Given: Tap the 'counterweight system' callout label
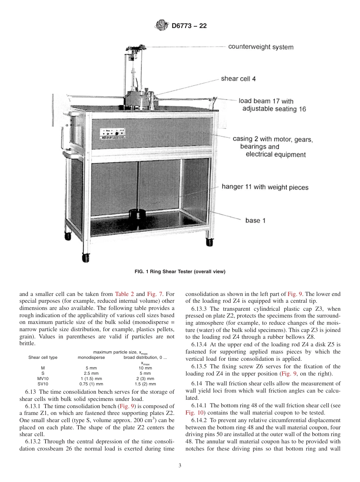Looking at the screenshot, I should click(x=260, y=47).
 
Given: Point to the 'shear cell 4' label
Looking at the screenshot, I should click(x=241, y=79).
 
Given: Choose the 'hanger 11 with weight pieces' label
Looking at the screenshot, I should click(x=265, y=187).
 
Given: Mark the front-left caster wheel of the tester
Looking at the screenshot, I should click(x=86, y=258).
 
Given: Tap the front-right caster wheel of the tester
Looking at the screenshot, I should click(x=209, y=241).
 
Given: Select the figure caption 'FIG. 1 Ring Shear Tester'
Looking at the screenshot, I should click(x=180, y=272).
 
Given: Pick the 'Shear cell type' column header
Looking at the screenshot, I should click(x=43, y=357).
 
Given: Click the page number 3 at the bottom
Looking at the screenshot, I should click(x=180, y=466).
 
